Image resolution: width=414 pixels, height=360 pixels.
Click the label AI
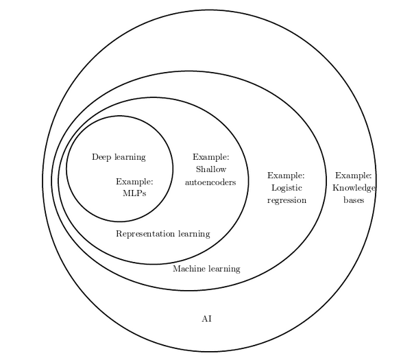(x=206, y=319)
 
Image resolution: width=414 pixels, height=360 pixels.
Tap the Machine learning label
(x=206, y=269)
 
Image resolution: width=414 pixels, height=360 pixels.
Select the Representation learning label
(x=162, y=234)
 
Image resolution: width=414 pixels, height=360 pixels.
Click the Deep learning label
(x=119, y=157)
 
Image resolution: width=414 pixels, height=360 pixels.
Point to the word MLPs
(x=134, y=193)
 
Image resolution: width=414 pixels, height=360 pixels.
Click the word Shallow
(x=210, y=169)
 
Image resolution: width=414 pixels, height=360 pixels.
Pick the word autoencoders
(x=210, y=182)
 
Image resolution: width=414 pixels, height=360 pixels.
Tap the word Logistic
(x=287, y=188)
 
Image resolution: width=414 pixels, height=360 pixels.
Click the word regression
(x=287, y=200)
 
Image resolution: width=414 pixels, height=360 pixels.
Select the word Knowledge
(x=354, y=188)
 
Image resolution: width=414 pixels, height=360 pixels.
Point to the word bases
(x=354, y=200)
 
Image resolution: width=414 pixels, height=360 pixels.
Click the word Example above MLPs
(x=134, y=182)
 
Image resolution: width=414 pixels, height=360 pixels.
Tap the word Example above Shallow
(x=210, y=157)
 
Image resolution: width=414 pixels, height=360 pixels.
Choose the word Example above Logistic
(x=286, y=176)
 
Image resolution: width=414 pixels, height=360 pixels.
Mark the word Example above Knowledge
(x=353, y=176)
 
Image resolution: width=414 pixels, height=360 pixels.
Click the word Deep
(x=102, y=157)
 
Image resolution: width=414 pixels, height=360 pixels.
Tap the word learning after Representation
(x=194, y=234)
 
